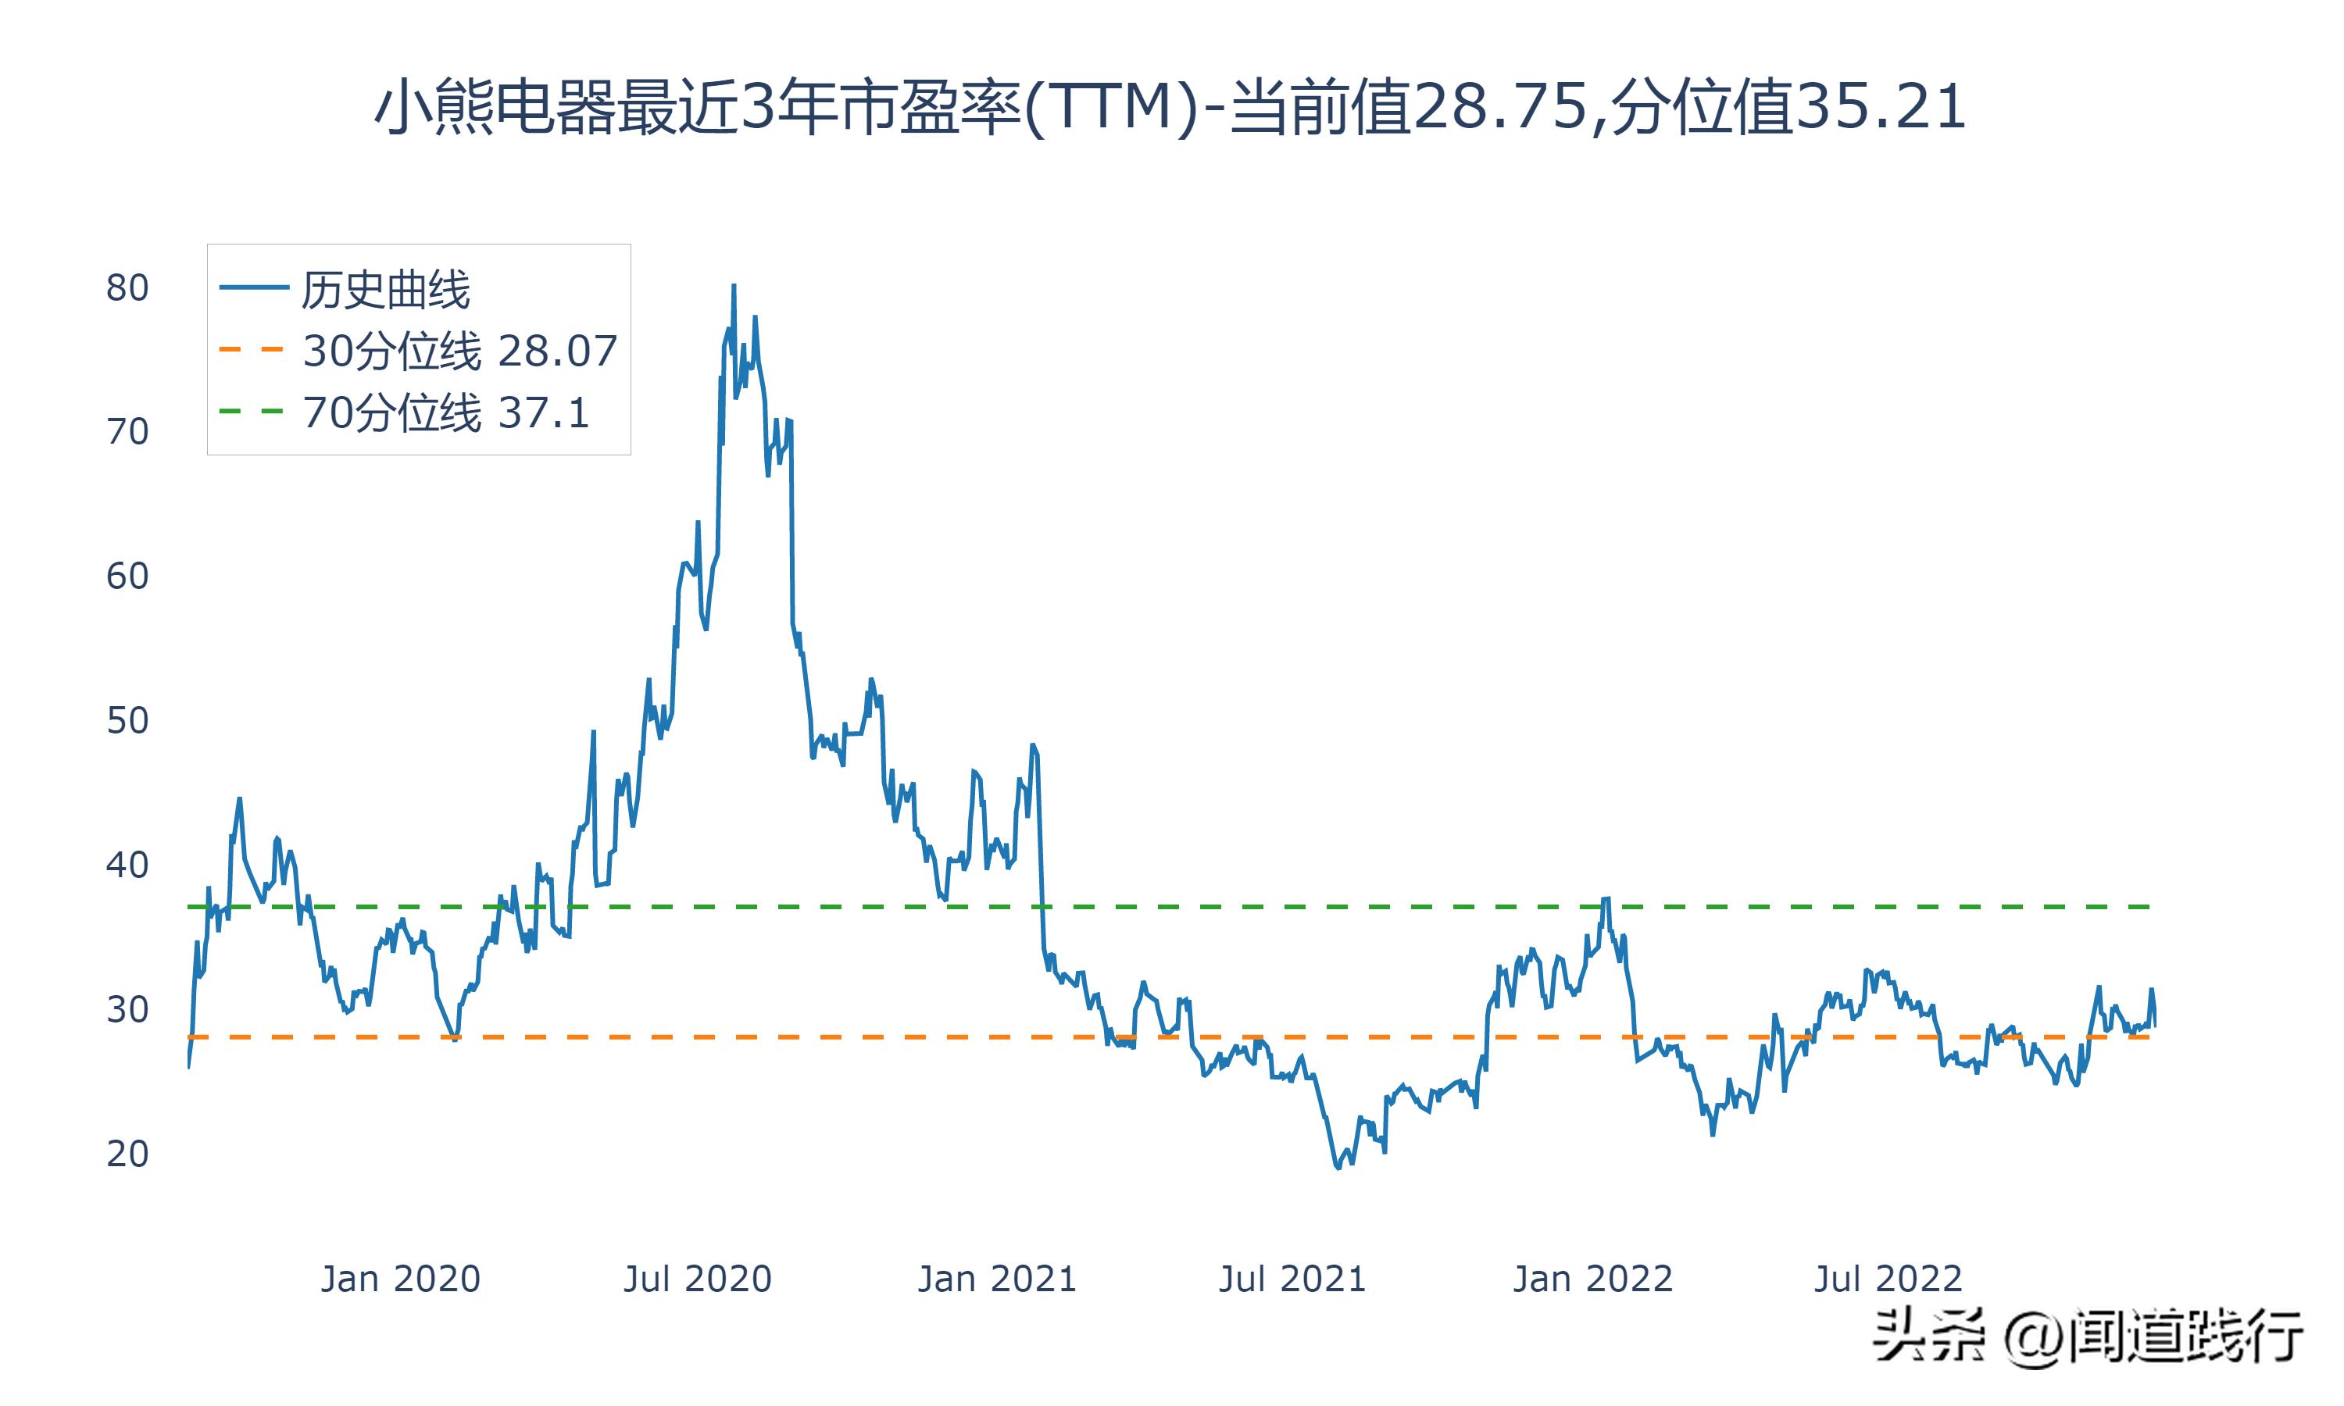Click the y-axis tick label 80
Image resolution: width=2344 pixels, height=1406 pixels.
[x=127, y=288]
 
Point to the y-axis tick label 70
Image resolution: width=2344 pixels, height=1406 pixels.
[x=127, y=432]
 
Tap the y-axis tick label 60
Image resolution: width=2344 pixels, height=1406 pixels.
[x=127, y=576]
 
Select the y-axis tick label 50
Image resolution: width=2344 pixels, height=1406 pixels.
[x=127, y=721]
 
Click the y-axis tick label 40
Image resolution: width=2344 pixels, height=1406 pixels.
[x=127, y=865]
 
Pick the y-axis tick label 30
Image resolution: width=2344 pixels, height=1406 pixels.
[x=127, y=1010]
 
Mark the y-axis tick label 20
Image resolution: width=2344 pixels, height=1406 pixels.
[x=127, y=1154]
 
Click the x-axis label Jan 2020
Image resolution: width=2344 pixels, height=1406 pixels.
[x=400, y=1279]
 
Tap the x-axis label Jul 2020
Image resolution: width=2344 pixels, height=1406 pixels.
[x=697, y=1279]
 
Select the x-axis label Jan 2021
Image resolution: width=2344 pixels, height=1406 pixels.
[x=997, y=1279]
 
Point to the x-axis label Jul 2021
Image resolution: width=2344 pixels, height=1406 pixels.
[x=1292, y=1279]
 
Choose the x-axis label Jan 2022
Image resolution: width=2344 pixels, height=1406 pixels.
[x=1592, y=1279]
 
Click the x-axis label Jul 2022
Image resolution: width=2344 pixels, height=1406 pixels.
[x=1888, y=1279]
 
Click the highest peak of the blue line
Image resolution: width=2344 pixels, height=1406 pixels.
[x=734, y=286]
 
